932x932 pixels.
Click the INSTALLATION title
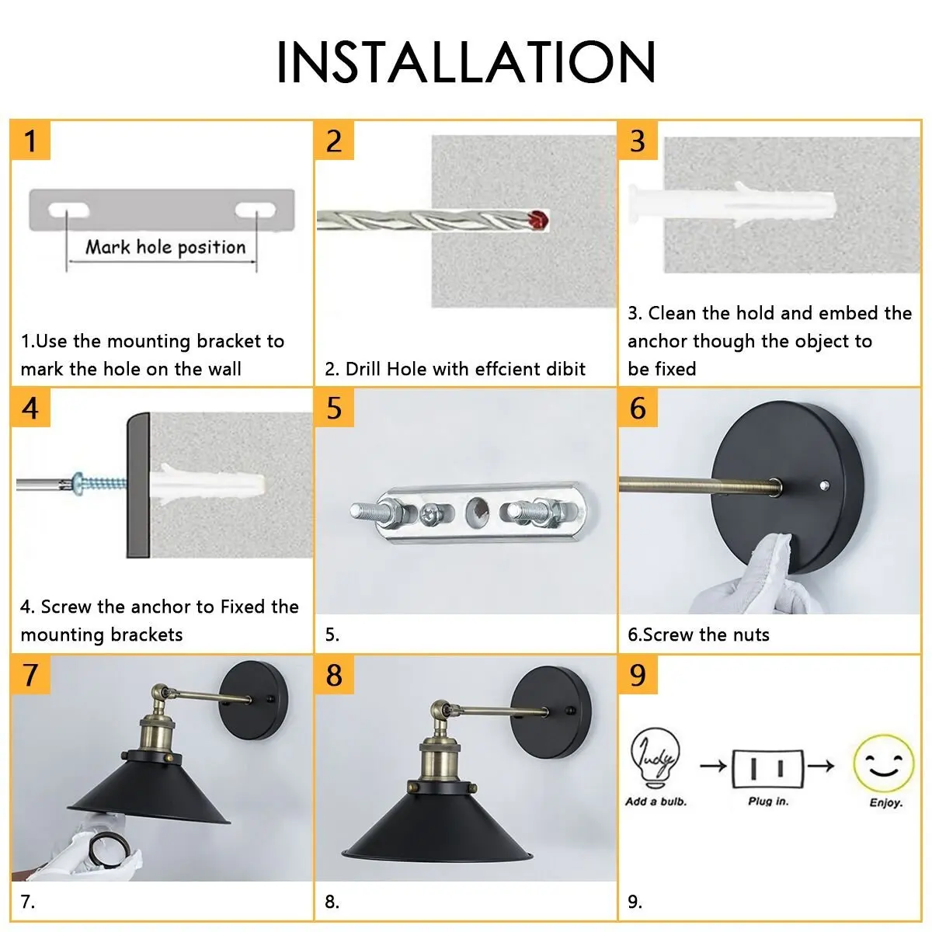[x=465, y=62]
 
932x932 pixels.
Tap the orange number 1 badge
[x=30, y=141]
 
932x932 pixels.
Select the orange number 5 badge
[x=334, y=408]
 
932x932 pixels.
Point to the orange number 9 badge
[x=638, y=675]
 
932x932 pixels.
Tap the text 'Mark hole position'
[x=166, y=247]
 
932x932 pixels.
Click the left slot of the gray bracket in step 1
[x=68, y=210]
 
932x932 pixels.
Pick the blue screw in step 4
[x=99, y=482]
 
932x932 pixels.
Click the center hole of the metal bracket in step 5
[x=477, y=512]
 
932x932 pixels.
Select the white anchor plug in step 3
[x=732, y=204]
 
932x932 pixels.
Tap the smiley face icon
[x=884, y=763]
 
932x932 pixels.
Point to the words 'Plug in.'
[x=768, y=802]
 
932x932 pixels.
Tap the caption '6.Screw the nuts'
[x=698, y=635]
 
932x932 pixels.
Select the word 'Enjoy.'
[x=886, y=803]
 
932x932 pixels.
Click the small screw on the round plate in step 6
[x=825, y=485]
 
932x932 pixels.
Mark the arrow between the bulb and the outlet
[x=713, y=766]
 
